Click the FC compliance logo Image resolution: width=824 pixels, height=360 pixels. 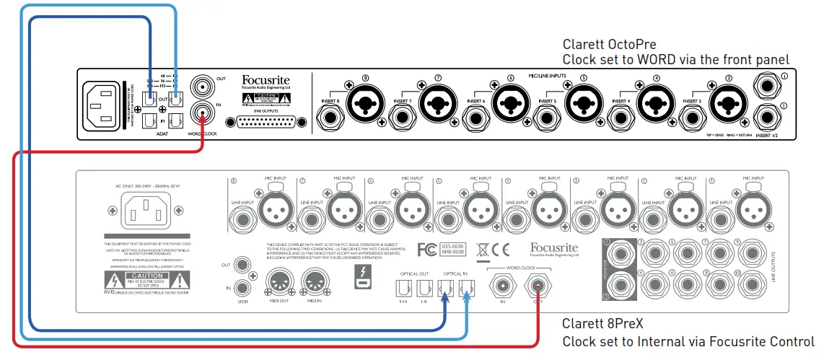click(x=427, y=250)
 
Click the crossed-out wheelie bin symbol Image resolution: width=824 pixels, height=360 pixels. click(x=482, y=250)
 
